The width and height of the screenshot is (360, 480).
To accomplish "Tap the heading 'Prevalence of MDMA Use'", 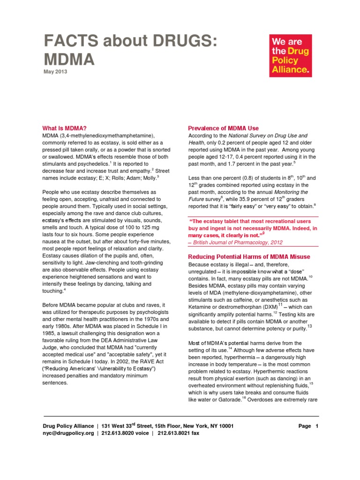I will pyautogui.click(x=223, y=128).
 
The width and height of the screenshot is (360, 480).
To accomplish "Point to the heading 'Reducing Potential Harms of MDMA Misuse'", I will pyautogui.click(x=248, y=256).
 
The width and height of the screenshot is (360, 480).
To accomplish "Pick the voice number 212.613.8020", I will pyautogui.click(x=117, y=434).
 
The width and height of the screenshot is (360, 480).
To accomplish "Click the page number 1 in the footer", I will pyautogui.click(x=317, y=426).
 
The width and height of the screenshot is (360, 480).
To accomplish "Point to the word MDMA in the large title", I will pyautogui.click(x=69, y=60).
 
